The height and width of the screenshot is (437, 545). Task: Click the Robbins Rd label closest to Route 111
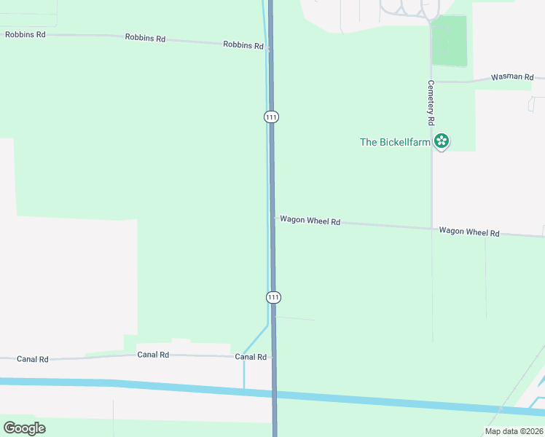pyautogui.click(x=243, y=45)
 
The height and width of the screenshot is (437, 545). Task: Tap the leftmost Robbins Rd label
pyautogui.click(x=25, y=34)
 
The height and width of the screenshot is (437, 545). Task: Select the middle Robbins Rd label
pyautogui.click(x=144, y=37)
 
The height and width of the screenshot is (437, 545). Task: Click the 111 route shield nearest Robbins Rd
pyautogui.click(x=271, y=117)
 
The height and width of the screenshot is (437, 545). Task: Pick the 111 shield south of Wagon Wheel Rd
pyautogui.click(x=273, y=297)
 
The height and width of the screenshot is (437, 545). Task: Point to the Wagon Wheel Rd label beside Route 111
pyautogui.click(x=310, y=220)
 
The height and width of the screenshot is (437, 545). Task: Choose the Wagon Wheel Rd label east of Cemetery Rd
pyautogui.click(x=468, y=232)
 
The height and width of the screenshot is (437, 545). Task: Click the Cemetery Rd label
pyautogui.click(x=431, y=101)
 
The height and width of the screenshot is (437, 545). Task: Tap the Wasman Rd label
pyautogui.click(x=512, y=76)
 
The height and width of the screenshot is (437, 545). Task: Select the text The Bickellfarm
pyautogui.click(x=396, y=142)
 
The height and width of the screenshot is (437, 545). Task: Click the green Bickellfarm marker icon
pyautogui.click(x=441, y=141)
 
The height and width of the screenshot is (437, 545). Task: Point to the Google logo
pyautogui.click(x=24, y=428)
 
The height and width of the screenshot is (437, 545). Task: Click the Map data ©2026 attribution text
pyautogui.click(x=513, y=431)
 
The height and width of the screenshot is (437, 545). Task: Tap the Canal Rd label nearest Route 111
pyautogui.click(x=251, y=357)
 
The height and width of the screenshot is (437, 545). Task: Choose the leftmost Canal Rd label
pyautogui.click(x=33, y=359)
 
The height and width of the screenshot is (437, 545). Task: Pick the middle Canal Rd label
pyautogui.click(x=153, y=355)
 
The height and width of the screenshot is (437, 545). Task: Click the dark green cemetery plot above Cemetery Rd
pyautogui.click(x=449, y=41)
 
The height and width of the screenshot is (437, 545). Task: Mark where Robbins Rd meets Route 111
pyautogui.click(x=270, y=49)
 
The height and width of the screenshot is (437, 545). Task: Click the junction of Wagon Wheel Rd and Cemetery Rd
pyautogui.click(x=431, y=228)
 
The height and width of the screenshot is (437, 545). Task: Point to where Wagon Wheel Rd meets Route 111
pyautogui.click(x=273, y=218)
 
